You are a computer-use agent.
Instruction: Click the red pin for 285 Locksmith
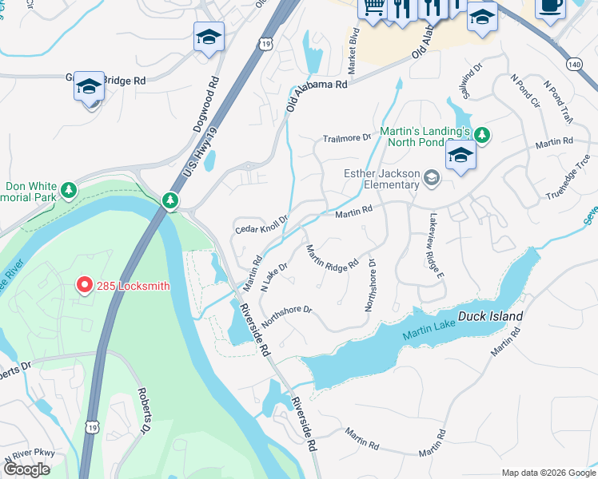(83, 285)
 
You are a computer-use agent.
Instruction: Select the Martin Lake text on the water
(429, 330)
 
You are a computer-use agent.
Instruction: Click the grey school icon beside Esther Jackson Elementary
(432, 177)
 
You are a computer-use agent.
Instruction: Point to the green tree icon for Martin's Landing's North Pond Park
(481, 133)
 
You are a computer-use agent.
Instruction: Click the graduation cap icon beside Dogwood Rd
(209, 38)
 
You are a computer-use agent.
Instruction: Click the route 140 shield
(572, 62)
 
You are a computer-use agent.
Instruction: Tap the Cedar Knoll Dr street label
(261, 224)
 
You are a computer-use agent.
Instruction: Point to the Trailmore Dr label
(348, 137)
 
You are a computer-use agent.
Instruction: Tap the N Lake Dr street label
(273, 277)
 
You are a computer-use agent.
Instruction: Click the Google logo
(26, 469)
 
